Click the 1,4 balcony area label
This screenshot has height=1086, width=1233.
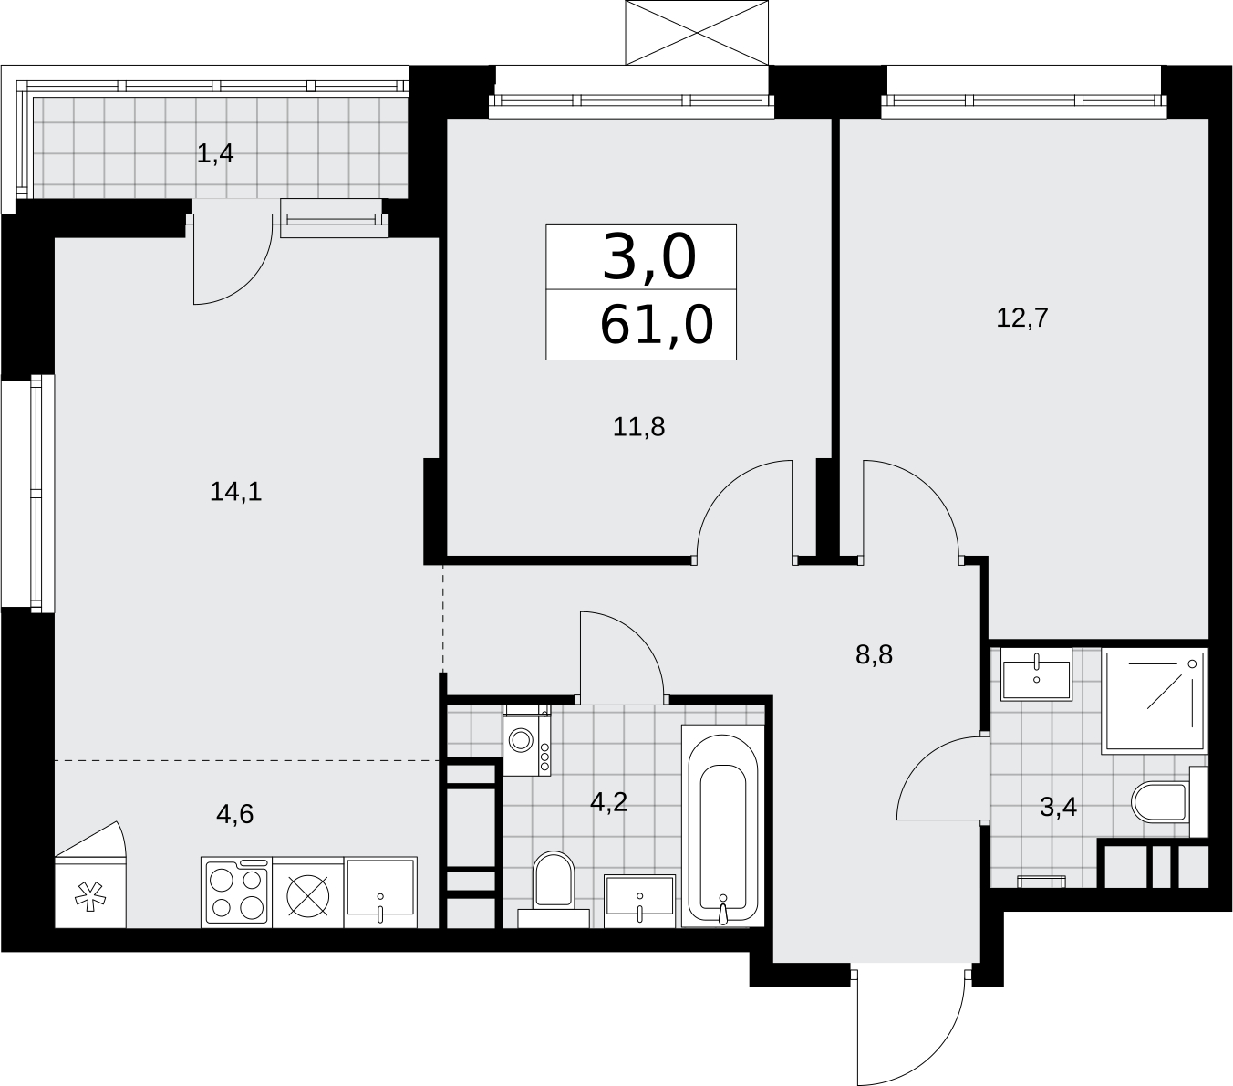click(215, 154)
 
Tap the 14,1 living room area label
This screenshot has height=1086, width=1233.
click(235, 492)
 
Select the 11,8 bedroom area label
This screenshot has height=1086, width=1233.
click(638, 427)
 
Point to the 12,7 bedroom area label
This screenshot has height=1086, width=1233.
click(1021, 318)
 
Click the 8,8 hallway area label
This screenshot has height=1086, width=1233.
click(874, 655)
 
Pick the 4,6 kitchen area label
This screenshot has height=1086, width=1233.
click(234, 814)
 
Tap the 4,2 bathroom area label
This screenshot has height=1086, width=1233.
click(608, 802)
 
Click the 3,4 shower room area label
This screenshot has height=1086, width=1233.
click(1058, 808)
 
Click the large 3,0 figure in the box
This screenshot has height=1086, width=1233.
click(648, 257)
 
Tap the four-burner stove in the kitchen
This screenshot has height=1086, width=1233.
click(237, 893)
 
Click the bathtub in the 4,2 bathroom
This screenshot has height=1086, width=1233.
click(722, 825)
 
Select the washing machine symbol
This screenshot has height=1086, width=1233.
click(526, 741)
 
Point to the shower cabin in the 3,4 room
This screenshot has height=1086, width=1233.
click(1154, 701)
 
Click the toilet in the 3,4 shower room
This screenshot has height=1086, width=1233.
click(1168, 802)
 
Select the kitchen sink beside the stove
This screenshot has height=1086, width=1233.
click(380, 893)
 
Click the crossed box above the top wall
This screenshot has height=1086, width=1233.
click(697, 32)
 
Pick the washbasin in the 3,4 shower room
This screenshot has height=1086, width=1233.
click(1036, 674)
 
